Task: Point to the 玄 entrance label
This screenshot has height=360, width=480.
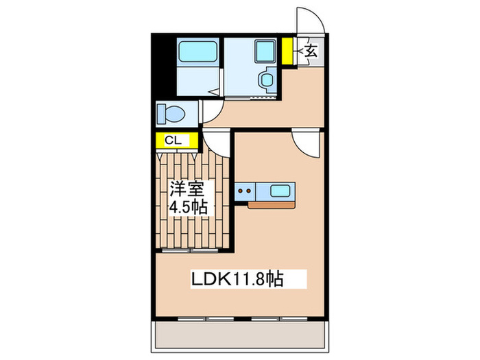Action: coord(310,51)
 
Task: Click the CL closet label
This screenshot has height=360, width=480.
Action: coord(173,141)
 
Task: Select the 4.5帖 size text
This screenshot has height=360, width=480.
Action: coord(189,206)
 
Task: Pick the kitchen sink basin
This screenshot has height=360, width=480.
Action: coord(280,190)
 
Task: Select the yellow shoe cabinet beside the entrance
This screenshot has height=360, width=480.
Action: coord(287,50)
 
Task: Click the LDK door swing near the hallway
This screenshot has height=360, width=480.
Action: coord(304,142)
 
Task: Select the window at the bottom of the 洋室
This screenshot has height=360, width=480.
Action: coord(193,251)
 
